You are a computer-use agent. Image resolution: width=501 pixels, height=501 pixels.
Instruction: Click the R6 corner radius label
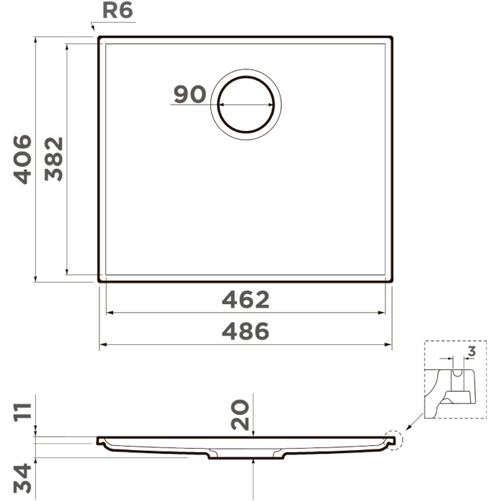(x=117, y=10)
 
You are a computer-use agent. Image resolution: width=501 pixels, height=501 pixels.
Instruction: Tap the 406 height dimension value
(x=22, y=160)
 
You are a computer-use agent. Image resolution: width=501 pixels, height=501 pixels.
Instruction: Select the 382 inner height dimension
(x=54, y=159)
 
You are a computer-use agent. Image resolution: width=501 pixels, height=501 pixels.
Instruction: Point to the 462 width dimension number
(x=245, y=300)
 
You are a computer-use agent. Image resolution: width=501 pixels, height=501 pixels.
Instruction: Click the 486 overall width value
(x=245, y=331)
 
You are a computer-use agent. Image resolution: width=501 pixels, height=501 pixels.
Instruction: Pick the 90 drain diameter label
(x=190, y=94)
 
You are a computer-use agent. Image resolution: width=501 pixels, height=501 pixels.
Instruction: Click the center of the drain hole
(x=245, y=104)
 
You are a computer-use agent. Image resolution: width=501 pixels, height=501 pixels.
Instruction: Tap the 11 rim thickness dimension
(x=22, y=412)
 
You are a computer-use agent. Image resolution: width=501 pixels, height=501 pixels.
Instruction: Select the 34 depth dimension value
(x=22, y=479)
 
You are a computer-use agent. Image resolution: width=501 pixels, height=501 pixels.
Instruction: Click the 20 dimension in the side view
(x=240, y=414)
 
